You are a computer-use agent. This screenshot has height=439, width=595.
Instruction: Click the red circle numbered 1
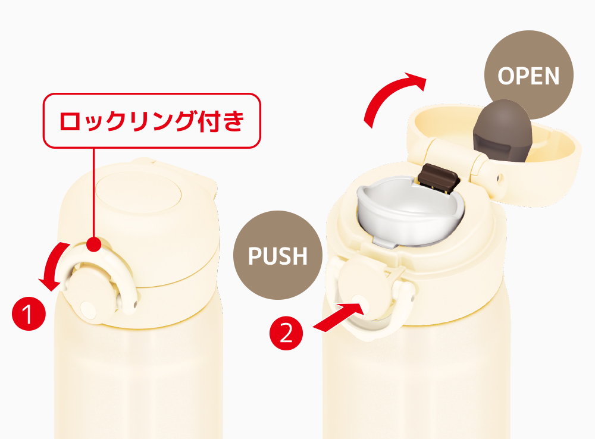coord(29,314)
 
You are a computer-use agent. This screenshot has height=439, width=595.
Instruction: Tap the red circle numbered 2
coord(286,333)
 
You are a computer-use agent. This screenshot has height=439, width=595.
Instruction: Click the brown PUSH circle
coord(278,255)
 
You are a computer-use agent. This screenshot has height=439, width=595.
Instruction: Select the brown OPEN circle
coord(528,75)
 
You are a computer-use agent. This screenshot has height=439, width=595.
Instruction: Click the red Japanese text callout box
coord(152,121)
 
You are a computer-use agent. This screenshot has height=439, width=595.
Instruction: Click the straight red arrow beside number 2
coord(339,317)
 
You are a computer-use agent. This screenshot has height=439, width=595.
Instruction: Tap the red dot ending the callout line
coord(94,244)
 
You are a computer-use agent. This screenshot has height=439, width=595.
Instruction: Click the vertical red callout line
coord(94,193)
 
